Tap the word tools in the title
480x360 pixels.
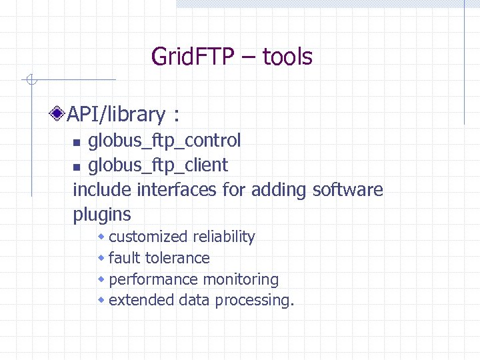pyautogui.click(x=287, y=57)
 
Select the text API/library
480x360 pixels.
pyautogui.click(x=116, y=115)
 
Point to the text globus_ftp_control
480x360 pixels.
pyautogui.click(x=165, y=141)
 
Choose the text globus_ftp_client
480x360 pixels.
pyautogui.click(x=158, y=165)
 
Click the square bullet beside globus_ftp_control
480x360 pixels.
pyautogui.click(x=77, y=142)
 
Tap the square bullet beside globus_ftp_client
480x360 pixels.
pyautogui.click(x=77, y=166)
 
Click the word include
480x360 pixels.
pyautogui.click(x=102, y=189)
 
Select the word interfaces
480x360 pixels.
pyautogui.click(x=177, y=189)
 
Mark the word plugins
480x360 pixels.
pyautogui.click(x=102, y=215)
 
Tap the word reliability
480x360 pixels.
pyautogui.click(x=224, y=237)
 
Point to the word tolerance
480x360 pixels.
pyautogui.click(x=177, y=258)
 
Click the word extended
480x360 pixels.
pyautogui.click(x=141, y=300)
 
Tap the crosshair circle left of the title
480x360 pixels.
pyautogui.click(x=29, y=81)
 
